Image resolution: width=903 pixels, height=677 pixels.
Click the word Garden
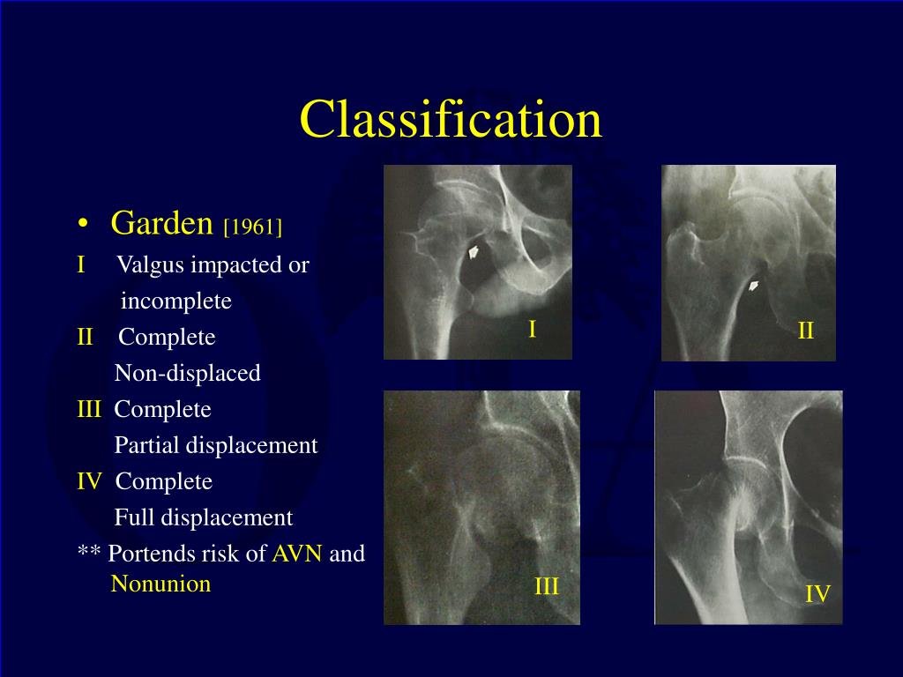(162, 224)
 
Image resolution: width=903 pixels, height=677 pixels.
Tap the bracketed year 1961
(253, 227)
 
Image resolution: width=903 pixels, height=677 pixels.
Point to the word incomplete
(176, 301)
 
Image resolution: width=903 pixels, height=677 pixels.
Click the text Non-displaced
(188, 374)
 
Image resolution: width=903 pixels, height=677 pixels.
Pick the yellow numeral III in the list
(89, 410)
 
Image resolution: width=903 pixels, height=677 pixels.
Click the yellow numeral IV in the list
(90, 482)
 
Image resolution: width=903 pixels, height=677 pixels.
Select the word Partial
(146, 446)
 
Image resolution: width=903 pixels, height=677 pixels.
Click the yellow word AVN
(297, 554)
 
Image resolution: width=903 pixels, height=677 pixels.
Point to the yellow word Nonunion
(160, 584)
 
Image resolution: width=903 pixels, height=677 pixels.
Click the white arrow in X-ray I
(474, 253)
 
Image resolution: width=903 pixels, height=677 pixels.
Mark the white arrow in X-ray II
(755, 285)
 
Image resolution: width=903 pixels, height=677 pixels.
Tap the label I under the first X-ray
(532, 330)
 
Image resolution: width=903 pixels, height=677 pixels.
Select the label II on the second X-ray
(806, 331)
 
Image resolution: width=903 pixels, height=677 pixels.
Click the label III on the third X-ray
(547, 587)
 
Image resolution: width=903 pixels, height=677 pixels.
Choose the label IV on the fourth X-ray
(817, 594)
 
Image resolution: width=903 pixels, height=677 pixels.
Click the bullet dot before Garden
(83, 226)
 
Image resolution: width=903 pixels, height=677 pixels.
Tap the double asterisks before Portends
(88, 554)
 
